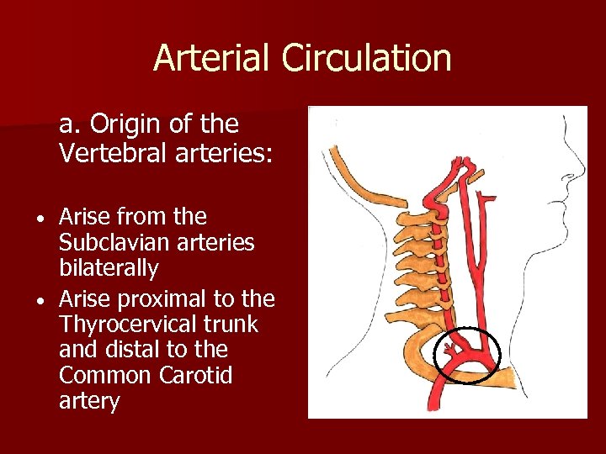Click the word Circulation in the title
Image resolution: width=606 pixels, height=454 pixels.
click(367, 58)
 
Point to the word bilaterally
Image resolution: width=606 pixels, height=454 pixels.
click(109, 269)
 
